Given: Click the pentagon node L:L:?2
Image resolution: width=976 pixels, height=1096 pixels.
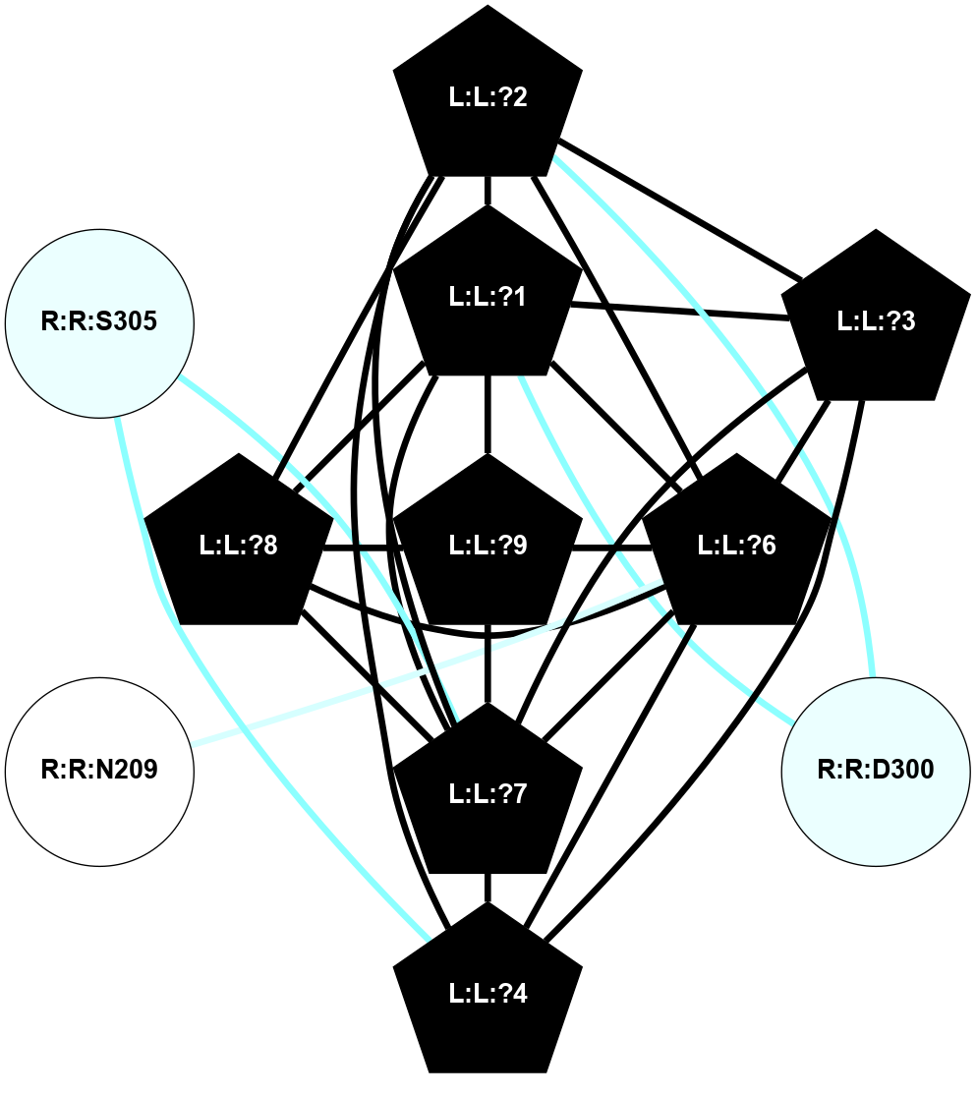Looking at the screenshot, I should [x=488, y=98].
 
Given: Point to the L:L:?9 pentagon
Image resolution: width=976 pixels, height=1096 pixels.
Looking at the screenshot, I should [x=488, y=546].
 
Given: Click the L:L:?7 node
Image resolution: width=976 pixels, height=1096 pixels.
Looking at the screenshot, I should [x=488, y=794].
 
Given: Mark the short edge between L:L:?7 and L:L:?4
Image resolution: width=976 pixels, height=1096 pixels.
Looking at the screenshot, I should [x=488, y=888].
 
